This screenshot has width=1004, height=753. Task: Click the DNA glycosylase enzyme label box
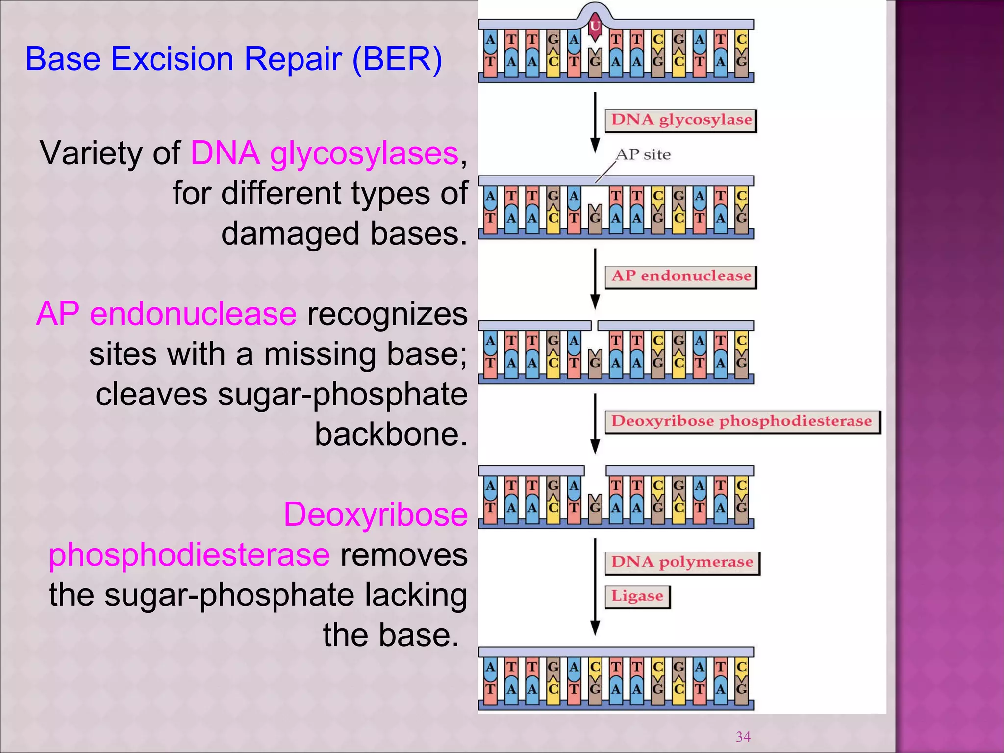(x=681, y=120)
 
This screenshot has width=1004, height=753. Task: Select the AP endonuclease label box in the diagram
(x=681, y=276)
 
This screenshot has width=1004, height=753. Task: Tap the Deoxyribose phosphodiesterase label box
(x=742, y=422)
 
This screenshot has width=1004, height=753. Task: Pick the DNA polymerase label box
(x=682, y=562)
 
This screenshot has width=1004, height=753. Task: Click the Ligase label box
(x=637, y=597)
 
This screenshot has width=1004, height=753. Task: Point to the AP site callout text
(x=643, y=155)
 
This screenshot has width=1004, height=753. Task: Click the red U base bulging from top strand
(x=595, y=25)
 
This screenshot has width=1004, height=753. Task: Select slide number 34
(x=743, y=736)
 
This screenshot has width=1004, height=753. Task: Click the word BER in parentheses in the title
(x=397, y=59)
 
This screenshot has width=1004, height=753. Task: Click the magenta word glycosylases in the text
(x=364, y=153)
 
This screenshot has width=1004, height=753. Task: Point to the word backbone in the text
(x=391, y=434)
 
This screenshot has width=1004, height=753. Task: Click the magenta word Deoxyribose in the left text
(x=376, y=515)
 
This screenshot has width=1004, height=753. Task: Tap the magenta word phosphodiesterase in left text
(x=189, y=555)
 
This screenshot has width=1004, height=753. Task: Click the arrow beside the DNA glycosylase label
(x=595, y=123)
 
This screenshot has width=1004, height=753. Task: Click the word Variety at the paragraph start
(x=110, y=153)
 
